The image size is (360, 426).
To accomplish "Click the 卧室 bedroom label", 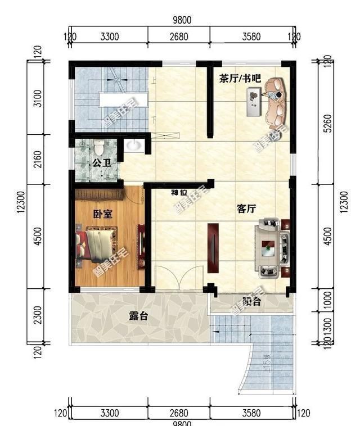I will (102, 214).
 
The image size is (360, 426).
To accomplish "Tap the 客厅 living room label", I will (246, 209).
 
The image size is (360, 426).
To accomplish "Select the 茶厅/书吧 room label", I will (240, 79).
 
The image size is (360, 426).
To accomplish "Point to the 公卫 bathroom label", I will (101, 164).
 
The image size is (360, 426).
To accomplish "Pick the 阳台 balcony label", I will (251, 302).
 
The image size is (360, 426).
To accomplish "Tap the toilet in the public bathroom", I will (100, 147).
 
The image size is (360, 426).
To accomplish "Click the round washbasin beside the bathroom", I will (134, 146).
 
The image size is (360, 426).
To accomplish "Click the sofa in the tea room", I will (276, 102).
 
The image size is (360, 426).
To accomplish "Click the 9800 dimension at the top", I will (182, 20).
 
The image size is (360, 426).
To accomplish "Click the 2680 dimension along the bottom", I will (179, 414).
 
